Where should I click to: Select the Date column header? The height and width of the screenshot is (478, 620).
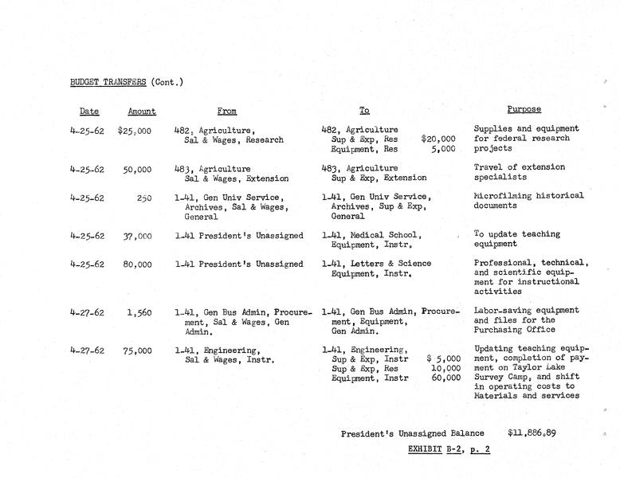(x=89, y=112)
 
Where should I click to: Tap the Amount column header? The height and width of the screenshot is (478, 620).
(x=142, y=112)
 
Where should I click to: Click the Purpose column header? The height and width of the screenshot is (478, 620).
(x=524, y=109)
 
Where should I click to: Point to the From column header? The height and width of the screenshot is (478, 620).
(x=227, y=112)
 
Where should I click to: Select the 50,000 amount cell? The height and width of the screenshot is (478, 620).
(x=136, y=169)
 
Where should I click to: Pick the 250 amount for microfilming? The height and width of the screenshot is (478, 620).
(x=143, y=197)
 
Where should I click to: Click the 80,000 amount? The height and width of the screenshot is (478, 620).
(x=136, y=264)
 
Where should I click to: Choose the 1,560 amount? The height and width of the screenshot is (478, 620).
(x=139, y=312)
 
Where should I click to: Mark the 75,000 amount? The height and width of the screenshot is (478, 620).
(x=136, y=350)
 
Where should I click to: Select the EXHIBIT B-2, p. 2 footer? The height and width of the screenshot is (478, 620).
(x=449, y=449)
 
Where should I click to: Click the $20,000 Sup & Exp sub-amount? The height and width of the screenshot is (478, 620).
(x=438, y=139)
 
